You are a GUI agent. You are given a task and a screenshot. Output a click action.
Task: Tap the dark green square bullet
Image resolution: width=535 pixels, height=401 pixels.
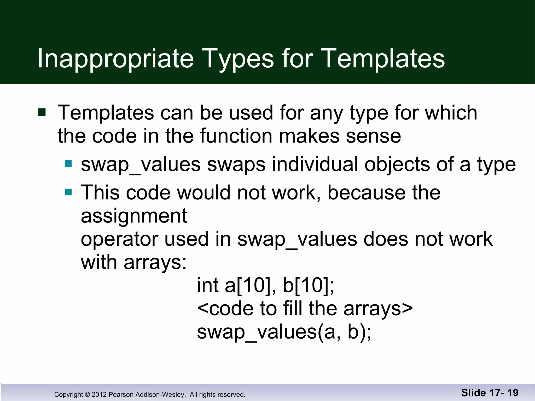tap(42, 112)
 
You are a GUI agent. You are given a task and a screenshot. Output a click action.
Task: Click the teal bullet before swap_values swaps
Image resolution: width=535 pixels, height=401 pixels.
tap(68, 164)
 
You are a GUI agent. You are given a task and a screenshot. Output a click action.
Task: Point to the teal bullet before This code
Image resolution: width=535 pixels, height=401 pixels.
tap(68, 192)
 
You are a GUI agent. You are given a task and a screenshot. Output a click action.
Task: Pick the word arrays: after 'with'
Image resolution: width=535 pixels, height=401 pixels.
tap(155, 262)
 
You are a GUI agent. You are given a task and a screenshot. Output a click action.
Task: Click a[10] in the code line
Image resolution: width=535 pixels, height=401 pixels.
tap(249, 285)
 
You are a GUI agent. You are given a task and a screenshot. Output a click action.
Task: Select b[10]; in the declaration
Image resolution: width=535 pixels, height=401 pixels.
tap(308, 285)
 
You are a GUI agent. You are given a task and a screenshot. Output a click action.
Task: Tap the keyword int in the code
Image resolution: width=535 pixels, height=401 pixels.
tap(208, 285)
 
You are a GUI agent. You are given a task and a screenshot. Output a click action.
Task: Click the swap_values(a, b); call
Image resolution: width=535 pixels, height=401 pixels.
tap(284, 332)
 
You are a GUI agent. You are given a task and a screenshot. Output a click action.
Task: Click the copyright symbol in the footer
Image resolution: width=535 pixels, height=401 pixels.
tap(87, 394)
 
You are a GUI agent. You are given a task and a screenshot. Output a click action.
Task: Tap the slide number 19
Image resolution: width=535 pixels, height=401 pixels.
tap(513, 393)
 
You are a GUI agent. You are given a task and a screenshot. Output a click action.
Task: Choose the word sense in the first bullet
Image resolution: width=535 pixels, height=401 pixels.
tap(373, 136)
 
